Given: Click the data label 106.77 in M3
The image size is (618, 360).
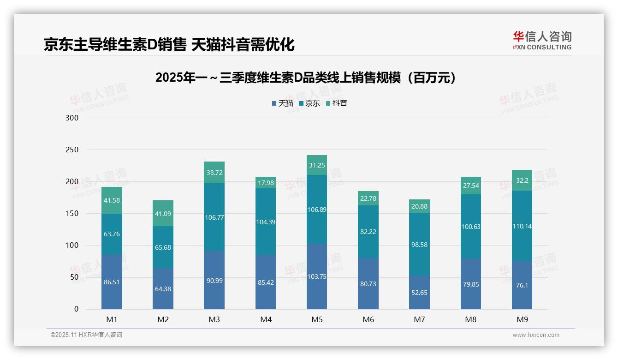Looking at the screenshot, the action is point(214,217).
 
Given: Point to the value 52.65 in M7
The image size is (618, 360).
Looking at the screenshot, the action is point(419,293).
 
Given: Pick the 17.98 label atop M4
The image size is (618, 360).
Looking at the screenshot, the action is point(266,183).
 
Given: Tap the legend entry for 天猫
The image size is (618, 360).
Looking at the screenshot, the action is point(283,103).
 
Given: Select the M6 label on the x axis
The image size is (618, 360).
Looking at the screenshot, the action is point(368,319).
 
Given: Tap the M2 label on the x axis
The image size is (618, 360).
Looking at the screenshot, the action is point(163,319).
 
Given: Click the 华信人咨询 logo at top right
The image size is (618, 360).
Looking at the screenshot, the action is point(542,40).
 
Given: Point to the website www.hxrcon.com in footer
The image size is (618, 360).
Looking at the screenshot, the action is point(535,335).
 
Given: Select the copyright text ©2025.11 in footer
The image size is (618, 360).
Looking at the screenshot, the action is point(86,335).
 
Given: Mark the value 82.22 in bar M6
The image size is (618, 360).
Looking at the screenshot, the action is point(368,232).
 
